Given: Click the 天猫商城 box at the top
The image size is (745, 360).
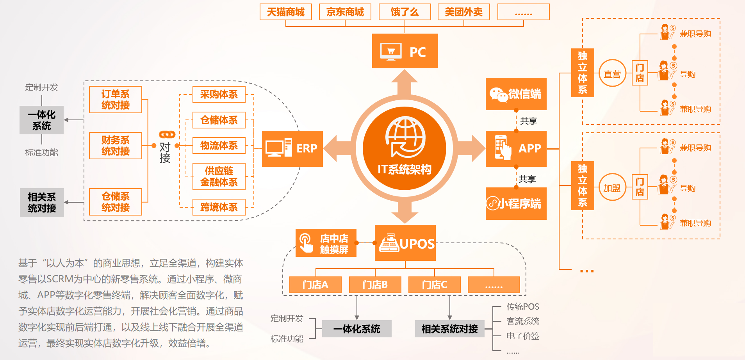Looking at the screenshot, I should coord(285,12).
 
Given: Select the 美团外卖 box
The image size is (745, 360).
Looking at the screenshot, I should coord(463,12).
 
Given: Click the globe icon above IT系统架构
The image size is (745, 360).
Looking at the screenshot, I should coord(405,137).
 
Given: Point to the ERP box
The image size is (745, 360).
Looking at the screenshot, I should coord(292,149).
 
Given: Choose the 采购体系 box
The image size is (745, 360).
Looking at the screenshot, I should coord(219,94).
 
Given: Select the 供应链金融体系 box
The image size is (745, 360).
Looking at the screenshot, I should coord(219,176).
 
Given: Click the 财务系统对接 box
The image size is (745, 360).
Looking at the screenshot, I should coord(115,146).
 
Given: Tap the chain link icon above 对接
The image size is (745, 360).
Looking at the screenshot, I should coord(167,135).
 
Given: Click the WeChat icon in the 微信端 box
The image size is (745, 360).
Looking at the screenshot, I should coord(498,94).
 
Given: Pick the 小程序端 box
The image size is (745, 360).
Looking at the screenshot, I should coord(516,203).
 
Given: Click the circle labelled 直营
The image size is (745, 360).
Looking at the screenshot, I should coord(612,73).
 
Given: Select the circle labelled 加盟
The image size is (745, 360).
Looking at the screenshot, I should coord(612,188).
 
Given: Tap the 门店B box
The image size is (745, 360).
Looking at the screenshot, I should coord(375,285).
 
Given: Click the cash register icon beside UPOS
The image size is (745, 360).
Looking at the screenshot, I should coord(389,243).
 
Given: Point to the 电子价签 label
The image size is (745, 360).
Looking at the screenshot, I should coord(522,336).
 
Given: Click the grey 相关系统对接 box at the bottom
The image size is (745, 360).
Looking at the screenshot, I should coord(449,329).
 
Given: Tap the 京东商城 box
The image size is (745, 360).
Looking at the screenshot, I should coord(345,12).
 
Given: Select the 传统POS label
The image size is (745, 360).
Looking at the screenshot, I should coord(522,307).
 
